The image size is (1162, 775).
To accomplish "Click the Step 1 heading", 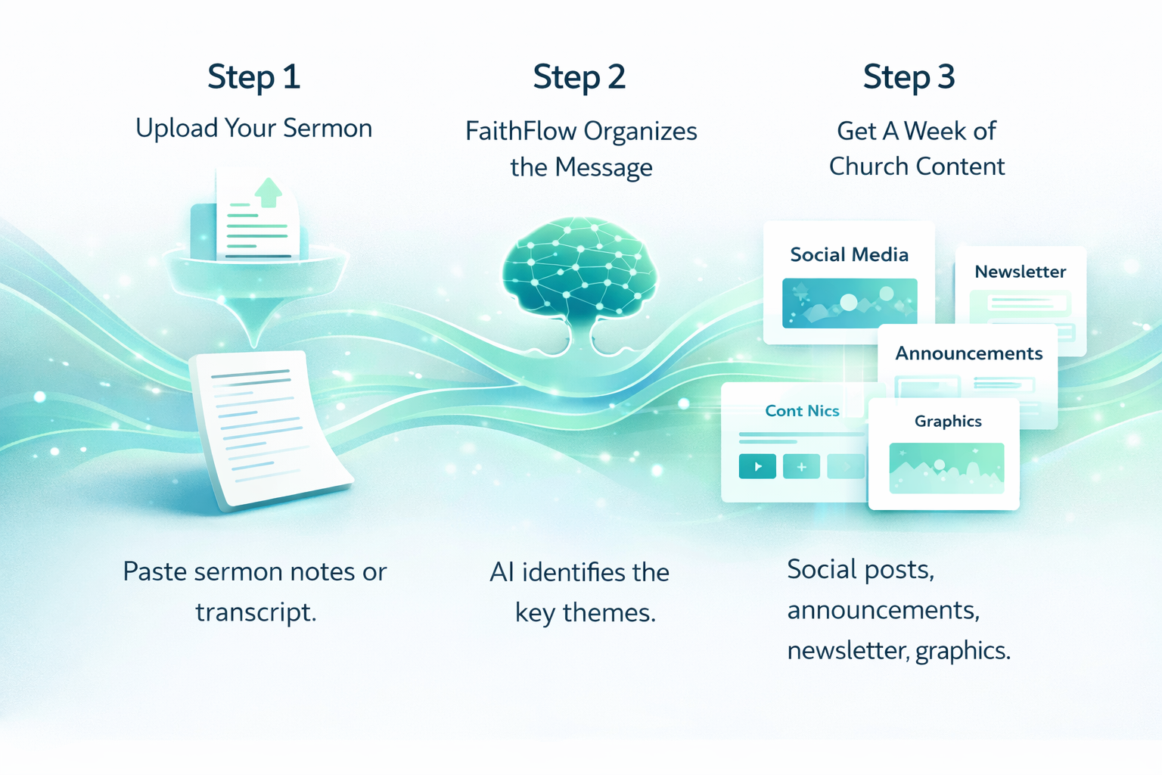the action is click(x=253, y=77).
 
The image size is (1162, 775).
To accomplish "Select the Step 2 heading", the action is click(x=579, y=77).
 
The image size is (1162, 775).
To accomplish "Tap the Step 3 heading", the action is click(x=909, y=77).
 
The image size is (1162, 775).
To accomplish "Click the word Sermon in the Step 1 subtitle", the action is click(x=328, y=128).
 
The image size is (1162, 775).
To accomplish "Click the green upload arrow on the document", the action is click(x=269, y=192).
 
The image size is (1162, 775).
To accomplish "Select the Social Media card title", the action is click(x=850, y=255).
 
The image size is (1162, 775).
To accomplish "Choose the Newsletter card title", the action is click(x=1021, y=272).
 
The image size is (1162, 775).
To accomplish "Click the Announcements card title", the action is click(x=969, y=353).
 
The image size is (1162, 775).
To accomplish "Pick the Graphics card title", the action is click(x=948, y=421).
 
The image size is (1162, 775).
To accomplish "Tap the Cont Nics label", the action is click(x=802, y=411).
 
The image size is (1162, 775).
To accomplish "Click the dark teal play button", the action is click(x=757, y=466).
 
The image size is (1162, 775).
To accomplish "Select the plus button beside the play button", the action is click(x=801, y=466).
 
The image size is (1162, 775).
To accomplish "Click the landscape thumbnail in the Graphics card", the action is click(x=946, y=468).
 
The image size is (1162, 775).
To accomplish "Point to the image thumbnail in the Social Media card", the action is click(x=850, y=303).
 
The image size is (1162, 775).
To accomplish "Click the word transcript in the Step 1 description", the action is click(x=256, y=612).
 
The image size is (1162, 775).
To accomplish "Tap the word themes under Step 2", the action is click(x=610, y=612).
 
